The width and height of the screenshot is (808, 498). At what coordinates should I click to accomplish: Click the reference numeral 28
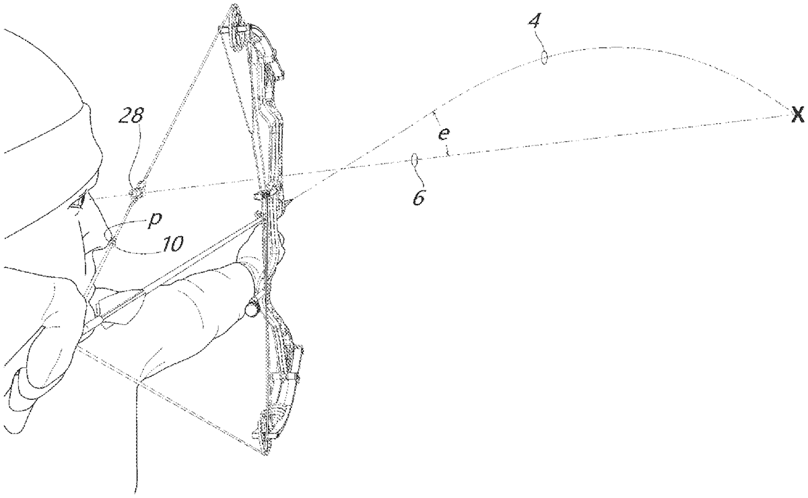131,116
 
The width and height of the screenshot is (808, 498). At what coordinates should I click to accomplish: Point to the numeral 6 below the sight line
418,199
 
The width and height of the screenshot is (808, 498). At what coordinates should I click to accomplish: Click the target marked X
797,116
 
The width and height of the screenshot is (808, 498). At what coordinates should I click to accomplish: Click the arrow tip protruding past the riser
288,200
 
